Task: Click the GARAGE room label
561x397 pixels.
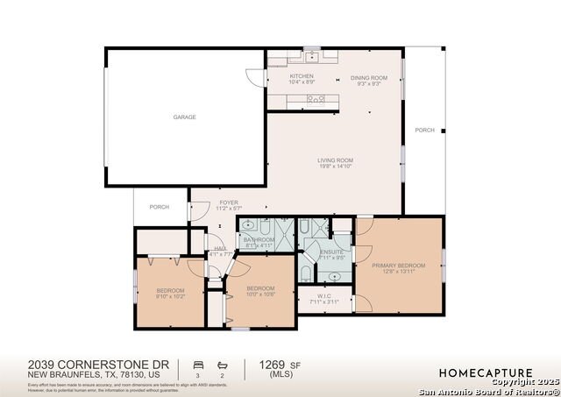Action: (x=184, y=117)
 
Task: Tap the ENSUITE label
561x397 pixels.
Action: (x=331, y=255)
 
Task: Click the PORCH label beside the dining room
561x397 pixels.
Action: (x=424, y=130)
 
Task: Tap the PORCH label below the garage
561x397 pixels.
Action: (x=159, y=207)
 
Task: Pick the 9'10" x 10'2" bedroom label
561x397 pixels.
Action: (x=170, y=293)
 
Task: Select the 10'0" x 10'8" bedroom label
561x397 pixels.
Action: (x=260, y=292)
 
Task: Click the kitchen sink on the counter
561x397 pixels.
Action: (x=310, y=57)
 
